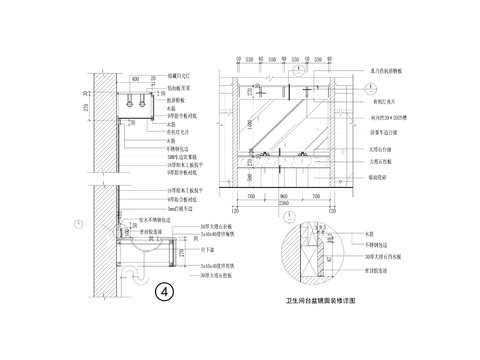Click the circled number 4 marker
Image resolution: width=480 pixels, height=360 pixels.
166,295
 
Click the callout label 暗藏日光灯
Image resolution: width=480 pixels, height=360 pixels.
186,73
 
